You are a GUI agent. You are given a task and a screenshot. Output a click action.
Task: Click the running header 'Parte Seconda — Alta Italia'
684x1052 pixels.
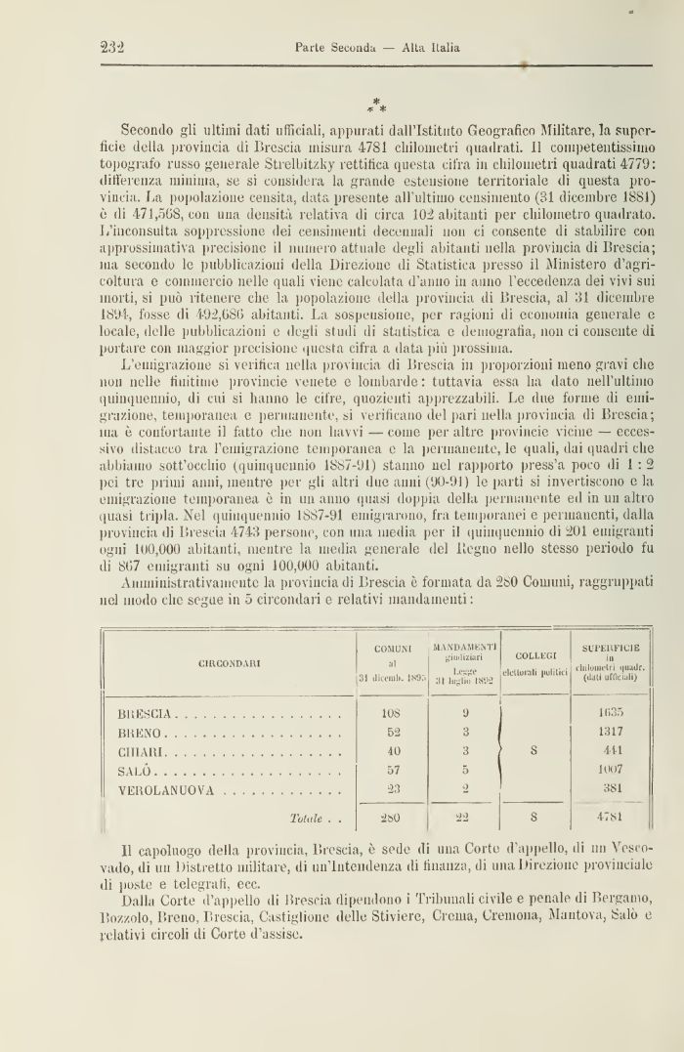pos(378,46)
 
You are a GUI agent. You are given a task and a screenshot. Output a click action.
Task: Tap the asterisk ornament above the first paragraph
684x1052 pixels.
pos(377,105)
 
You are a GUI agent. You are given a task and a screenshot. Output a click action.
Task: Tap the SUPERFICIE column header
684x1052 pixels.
pos(609,648)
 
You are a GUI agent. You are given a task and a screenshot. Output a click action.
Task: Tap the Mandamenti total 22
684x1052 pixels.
pos(465,817)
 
